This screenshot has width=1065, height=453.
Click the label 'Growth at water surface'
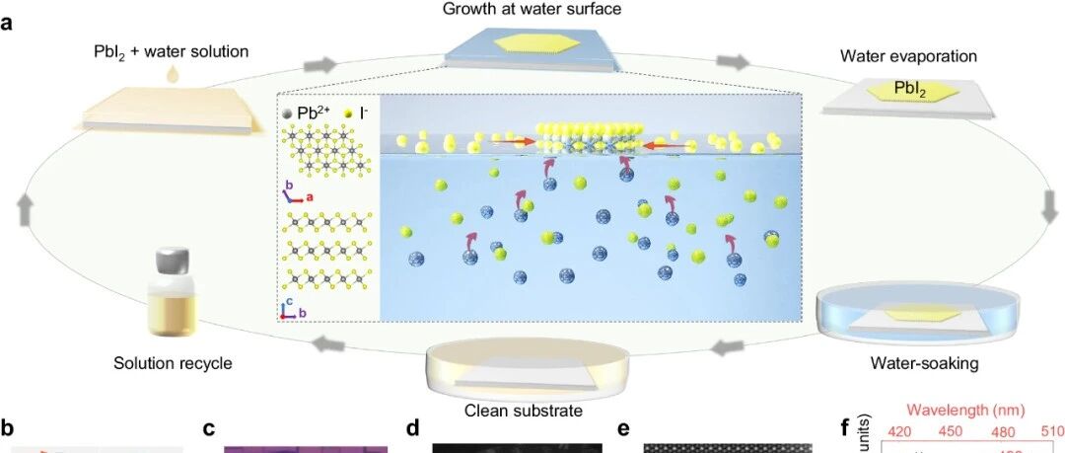pos(532,10)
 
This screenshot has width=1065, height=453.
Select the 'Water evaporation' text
pos(907,56)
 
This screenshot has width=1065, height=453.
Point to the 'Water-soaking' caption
pos(924,364)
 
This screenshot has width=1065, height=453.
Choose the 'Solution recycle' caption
pos(174,363)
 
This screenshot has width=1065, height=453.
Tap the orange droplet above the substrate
pos(173,74)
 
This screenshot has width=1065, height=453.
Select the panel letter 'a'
pos(8,23)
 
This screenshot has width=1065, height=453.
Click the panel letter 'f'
pos(844,429)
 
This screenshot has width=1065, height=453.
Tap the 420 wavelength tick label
pos(899,431)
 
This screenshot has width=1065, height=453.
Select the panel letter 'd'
pos(411,429)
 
